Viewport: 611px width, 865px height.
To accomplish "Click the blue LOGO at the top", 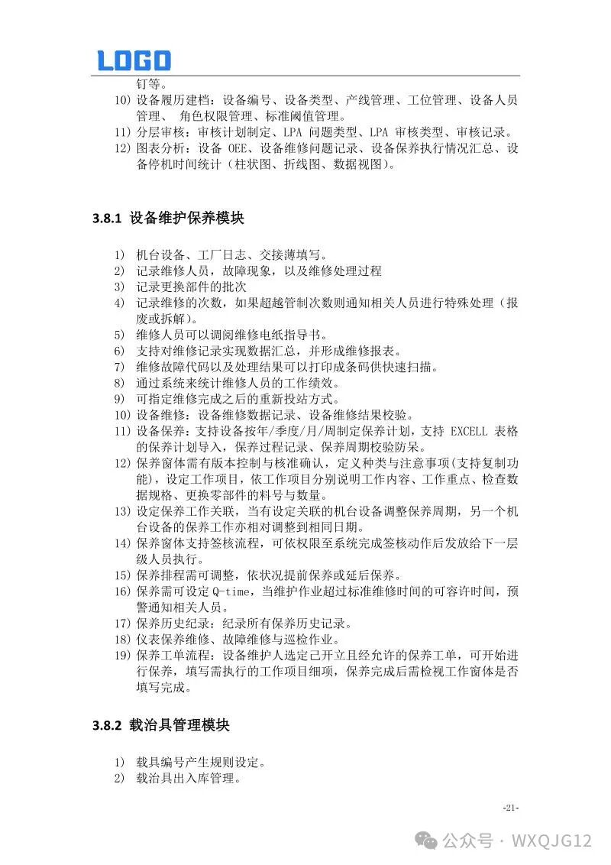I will (x=134, y=60).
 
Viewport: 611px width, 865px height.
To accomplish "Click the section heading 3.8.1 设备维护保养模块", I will (x=168, y=219).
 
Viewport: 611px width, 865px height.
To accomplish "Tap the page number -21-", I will (x=511, y=808).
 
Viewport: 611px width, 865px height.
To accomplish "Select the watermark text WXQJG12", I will (x=551, y=841).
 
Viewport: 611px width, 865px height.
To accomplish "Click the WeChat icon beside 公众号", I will (x=426, y=841).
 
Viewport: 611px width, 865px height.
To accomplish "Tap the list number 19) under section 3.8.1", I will (x=123, y=655).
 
